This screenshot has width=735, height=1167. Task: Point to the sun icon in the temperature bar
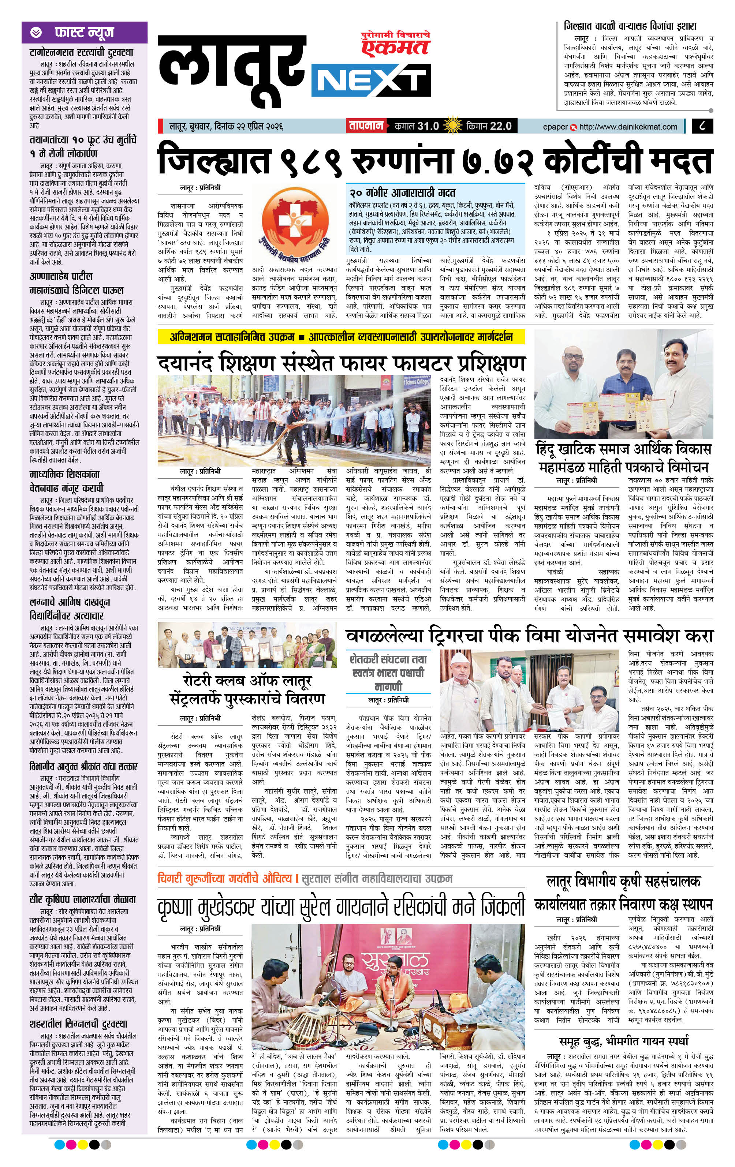click(x=453, y=126)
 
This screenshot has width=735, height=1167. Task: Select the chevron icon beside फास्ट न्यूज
click(x=36, y=33)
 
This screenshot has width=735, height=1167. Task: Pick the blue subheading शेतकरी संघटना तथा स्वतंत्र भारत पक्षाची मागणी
click(x=388, y=673)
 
